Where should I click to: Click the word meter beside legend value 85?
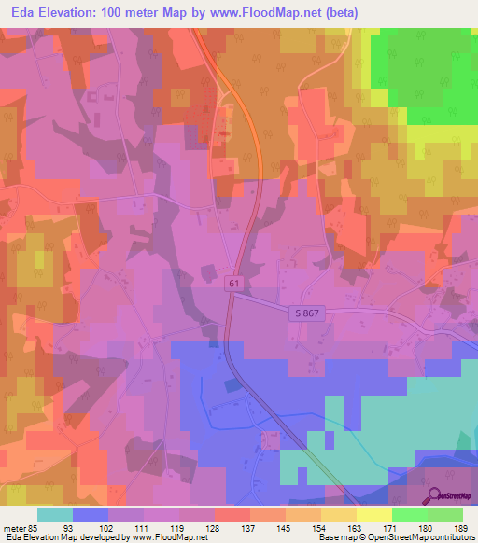click(14, 529)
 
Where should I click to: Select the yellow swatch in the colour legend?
click(374, 514)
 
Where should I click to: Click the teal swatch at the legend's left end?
click(55, 514)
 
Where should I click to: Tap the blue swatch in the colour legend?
click(91, 514)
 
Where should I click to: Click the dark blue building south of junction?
click(231, 384)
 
